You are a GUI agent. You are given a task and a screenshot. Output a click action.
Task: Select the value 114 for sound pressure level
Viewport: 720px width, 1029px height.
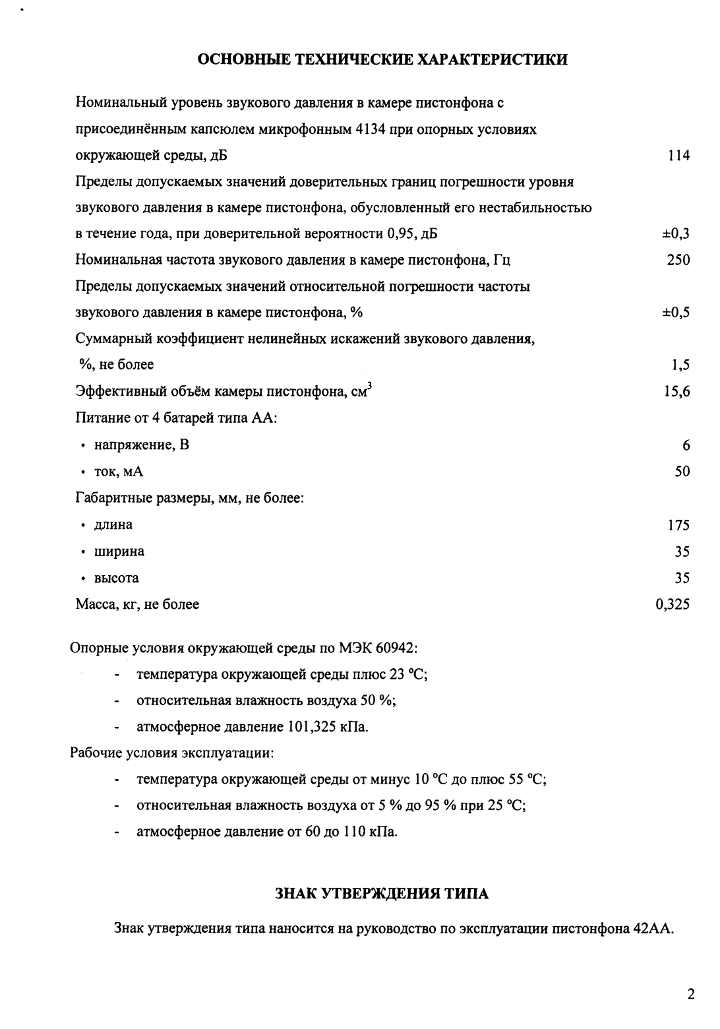[678, 156]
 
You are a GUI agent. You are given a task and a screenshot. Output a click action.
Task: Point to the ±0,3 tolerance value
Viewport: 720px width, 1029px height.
[676, 234]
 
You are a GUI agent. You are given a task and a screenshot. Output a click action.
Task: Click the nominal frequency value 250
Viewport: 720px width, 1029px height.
[678, 260]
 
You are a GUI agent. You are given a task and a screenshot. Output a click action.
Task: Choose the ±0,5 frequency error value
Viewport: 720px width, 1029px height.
[676, 313]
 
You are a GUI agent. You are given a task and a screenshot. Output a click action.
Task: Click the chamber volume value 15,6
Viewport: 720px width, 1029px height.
[677, 392]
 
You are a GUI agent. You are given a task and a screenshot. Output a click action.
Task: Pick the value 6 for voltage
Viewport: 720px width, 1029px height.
[686, 446]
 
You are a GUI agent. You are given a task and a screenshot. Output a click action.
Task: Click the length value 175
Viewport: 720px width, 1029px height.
[678, 525]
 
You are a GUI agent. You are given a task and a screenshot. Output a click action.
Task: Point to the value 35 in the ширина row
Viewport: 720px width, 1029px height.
[682, 551]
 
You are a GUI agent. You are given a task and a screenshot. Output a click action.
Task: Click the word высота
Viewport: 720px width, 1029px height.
[117, 578]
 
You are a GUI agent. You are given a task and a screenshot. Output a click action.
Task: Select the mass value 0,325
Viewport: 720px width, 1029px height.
[673, 604]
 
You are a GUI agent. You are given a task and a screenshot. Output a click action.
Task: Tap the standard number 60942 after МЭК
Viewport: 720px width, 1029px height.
[395, 648]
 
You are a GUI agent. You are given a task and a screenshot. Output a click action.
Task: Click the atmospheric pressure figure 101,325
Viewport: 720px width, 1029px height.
[312, 728]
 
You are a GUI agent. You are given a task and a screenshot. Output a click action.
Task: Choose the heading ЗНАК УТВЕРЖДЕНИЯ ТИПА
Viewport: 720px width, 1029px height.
[382, 894]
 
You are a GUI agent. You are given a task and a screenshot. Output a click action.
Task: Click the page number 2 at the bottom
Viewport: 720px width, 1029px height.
[690, 995]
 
